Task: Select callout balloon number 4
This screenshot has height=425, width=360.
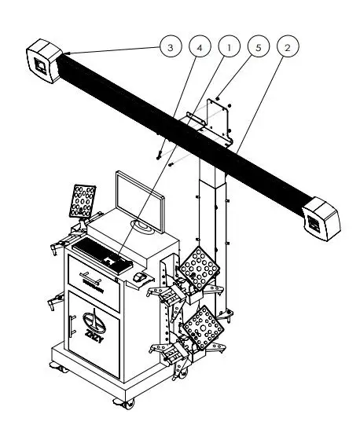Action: tap(200, 48)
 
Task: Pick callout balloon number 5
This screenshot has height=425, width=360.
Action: tap(257, 48)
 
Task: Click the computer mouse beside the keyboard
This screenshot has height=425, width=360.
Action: tap(139, 277)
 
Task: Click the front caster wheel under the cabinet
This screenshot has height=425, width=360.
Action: tap(123, 404)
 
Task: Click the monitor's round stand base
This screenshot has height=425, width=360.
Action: tap(143, 229)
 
